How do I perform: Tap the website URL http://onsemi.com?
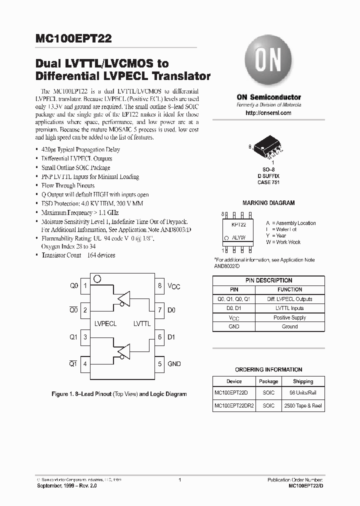[x=268, y=113]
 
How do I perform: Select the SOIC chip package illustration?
[x=267, y=146]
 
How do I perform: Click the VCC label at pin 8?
[x=173, y=286]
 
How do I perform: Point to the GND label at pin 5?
[x=174, y=364]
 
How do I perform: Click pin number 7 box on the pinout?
[x=159, y=310]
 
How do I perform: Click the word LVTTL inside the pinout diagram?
[x=142, y=324]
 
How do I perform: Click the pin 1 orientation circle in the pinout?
[x=97, y=278]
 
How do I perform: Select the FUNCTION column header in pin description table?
[x=289, y=289]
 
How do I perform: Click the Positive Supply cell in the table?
[x=289, y=317]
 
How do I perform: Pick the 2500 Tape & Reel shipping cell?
[x=303, y=406]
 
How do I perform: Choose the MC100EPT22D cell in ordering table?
[x=234, y=393]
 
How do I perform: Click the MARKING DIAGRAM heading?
[x=268, y=203]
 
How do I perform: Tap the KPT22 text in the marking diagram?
[x=238, y=225]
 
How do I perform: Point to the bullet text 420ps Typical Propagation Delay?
[x=80, y=149]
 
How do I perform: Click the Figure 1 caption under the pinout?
[x=119, y=394]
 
